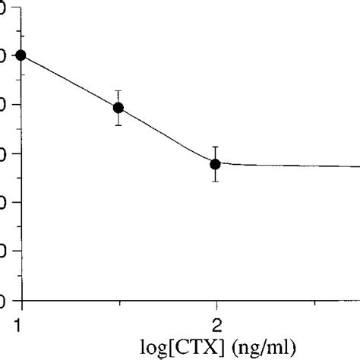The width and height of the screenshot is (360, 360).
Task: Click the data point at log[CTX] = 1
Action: pyautogui.click(x=21, y=55)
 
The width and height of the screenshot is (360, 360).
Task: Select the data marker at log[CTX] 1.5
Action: pyautogui.click(x=118, y=107)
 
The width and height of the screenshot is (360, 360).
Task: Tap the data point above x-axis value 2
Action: pyautogui.click(x=216, y=163)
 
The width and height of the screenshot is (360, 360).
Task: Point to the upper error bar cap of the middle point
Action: pyautogui.click(x=118, y=90)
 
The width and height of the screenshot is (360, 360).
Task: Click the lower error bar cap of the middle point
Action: pyautogui.click(x=118, y=125)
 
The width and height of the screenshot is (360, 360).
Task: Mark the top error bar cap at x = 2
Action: pyautogui.click(x=216, y=147)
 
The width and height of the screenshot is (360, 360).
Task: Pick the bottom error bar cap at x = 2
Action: pyautogui.click(x=216, y=181)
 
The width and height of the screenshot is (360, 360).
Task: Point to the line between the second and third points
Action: pyautogui.click(x=167, y=135)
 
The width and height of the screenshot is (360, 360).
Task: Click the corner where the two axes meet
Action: pyautogui.click(x=21, y=299)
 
